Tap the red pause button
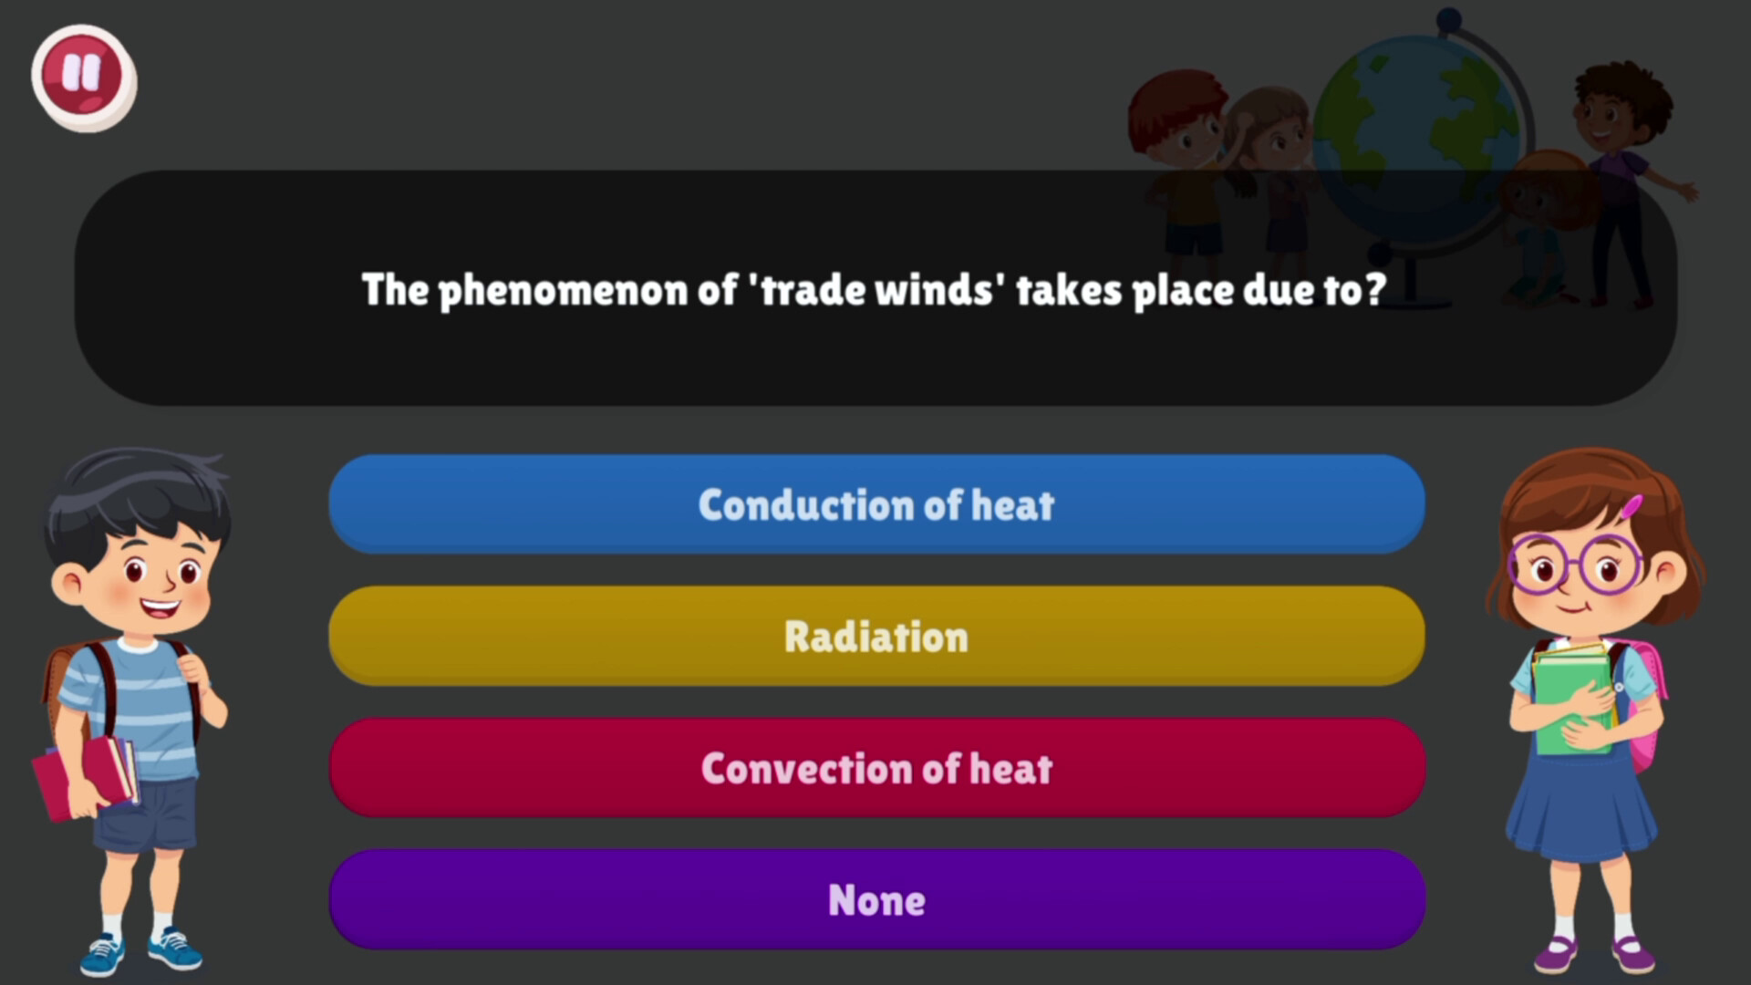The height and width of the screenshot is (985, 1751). [83, 78]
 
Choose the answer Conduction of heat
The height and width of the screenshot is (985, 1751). [875, 504]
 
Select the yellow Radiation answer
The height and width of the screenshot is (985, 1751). [875, 637]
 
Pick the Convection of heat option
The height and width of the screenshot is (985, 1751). [875, 768]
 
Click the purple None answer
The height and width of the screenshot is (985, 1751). [875, 900]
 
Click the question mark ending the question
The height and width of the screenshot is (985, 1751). [1375, 289]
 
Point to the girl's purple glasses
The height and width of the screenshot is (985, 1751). [1575, 565]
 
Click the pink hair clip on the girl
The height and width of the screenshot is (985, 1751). [1631, 507]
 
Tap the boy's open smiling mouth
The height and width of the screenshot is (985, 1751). [161, 607]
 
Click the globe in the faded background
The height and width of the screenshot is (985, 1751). [1414, 137]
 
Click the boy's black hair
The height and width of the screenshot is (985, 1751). [137, 493]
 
